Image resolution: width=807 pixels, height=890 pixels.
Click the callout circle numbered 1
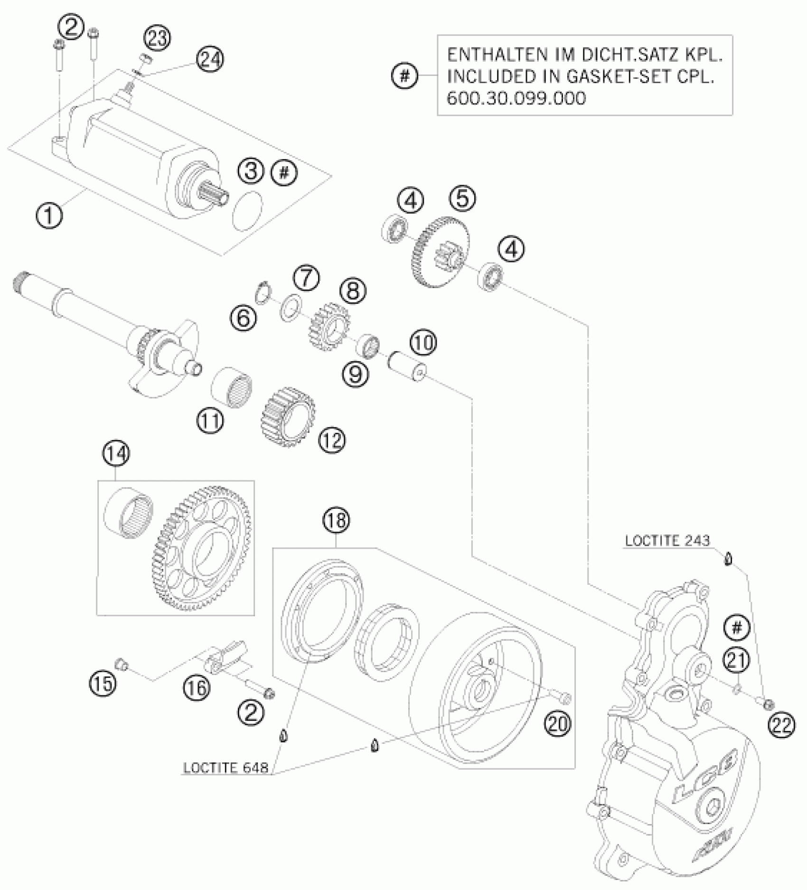pyautogui.click(x=49, y=216)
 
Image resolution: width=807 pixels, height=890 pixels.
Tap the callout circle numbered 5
pyautogui.click(x=462, y=198)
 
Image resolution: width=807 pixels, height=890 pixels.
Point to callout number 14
pyautogui.click(x=116, y=453)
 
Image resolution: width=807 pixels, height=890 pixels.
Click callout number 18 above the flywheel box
pyautogui.click(x=336, y=521)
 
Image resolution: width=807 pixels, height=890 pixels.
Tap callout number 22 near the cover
pyautogui.click(x=782, y=724)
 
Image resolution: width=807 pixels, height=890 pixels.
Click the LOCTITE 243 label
pyautogui.click(x=667, y=541)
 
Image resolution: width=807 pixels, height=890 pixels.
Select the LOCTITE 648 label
pyautogui.click(x=225, y=768)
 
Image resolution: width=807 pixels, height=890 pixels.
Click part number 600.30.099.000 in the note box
pyautogui.click(x=517, y=98)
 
